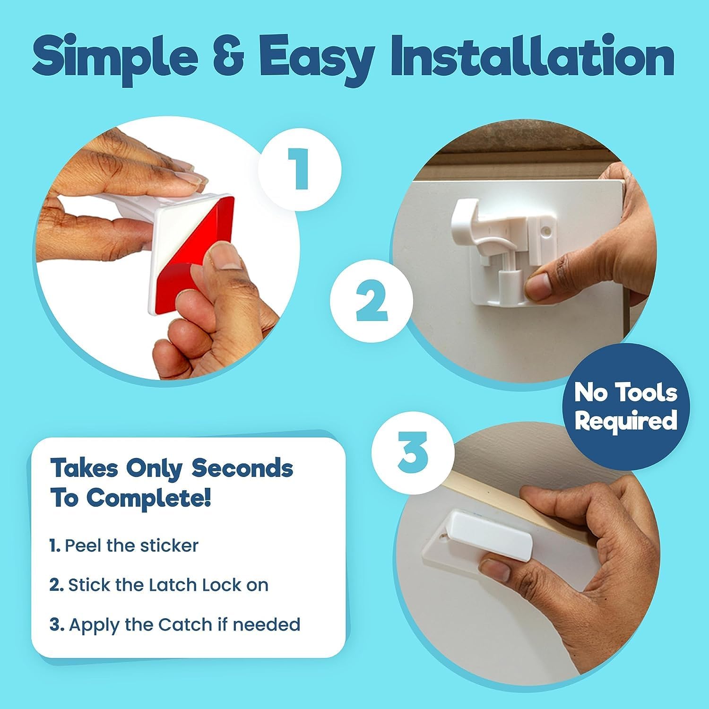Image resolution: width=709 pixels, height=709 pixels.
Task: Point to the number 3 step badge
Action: [x=413, y=452]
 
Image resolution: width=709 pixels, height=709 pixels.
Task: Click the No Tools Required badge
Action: [x=625, y=407]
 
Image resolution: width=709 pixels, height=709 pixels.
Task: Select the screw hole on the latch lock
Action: [x=547, y=232]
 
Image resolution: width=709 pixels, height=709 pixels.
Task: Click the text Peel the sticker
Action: [x=131, y=545]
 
